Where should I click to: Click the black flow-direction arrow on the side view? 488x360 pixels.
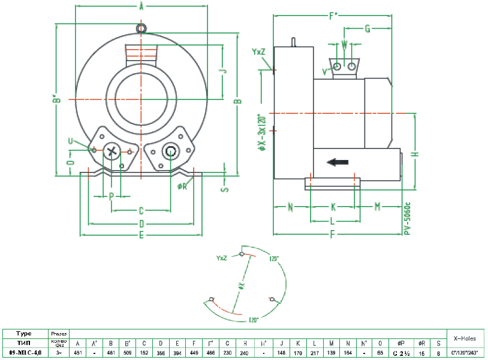click(x=338, y=161)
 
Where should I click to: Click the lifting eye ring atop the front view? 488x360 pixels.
click(x=141, y=28)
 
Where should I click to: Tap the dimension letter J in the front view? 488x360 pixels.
click(x=223, y=70)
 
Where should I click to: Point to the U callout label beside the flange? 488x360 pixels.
click(x=71, y=141)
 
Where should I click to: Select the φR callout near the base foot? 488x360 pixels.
click(x=182, y=186)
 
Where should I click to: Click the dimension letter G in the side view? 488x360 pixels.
click(x=367, y=28)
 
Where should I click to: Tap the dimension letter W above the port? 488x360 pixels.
click(x=344, y=44)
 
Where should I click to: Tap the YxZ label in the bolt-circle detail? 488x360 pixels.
click(x=221, y=258)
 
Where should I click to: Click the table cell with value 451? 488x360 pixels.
click(x=77, y=353)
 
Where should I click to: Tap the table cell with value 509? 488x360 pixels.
click(x=127, y=353)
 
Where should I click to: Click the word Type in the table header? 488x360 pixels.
click(x=24, y=332)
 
